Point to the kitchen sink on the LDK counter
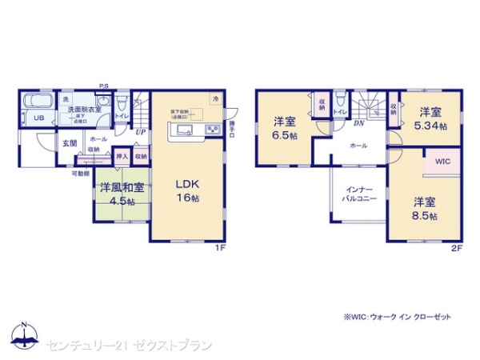pos(182,130)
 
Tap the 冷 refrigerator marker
pos(214,98)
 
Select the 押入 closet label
pos(122,156)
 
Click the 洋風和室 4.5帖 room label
pos(122,193)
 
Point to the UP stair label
pos(141,132)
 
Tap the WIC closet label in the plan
pos(442,161)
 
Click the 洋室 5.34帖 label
pos(430,120)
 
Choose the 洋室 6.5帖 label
pos(285,128)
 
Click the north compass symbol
pos(23,334)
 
